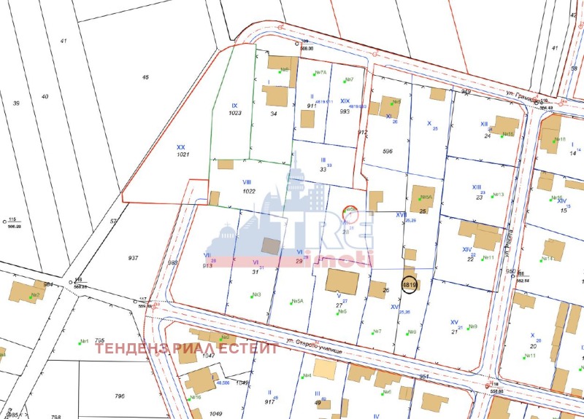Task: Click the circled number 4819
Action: pos(409,286)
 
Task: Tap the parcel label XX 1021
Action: pos(182,151)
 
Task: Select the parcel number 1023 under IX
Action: pos(234,113)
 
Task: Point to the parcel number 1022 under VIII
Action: pos(248,191)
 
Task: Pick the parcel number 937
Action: pos(133,258)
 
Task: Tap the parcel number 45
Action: pos(145,77)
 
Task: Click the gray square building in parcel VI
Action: pos(271,246)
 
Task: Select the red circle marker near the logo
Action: pos(350,212)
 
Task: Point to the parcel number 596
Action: pos(388,152)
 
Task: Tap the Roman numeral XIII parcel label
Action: pos(477,187)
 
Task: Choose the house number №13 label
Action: pos(499,195)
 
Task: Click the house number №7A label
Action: pos(320,72)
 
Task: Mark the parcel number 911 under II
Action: pos(312,106)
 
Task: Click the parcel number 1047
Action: pos(210,355)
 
